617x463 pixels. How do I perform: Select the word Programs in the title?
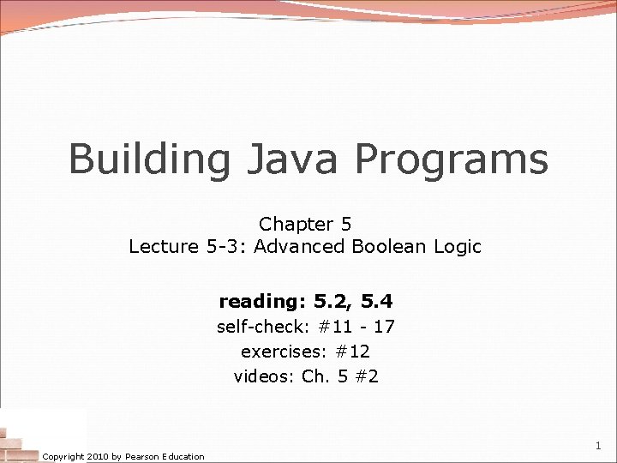[x=452, y=159]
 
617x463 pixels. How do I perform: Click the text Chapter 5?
[x=305, y=225]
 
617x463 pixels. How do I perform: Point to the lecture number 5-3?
[x=225, y=247]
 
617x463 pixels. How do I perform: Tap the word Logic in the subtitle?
[x=458, y=247]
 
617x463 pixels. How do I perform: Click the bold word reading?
[x=263, y=302]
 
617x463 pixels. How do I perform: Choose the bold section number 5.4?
[x=377, y=302]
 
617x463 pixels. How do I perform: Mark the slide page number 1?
[x=598, y=446]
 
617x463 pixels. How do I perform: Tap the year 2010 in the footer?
[x=97, y=457]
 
